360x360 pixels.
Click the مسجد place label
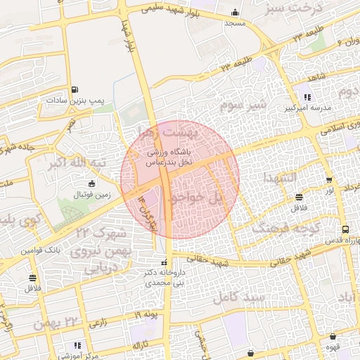pos(234,23)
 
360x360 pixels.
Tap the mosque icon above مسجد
pos(234,12)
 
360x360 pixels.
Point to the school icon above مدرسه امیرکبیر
pos(307,98)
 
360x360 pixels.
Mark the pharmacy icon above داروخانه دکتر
pos(164,263)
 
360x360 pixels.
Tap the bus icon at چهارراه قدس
pos(345,229)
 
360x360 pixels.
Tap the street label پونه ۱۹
pos(148,314)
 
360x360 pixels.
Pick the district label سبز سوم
pos(243,105)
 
